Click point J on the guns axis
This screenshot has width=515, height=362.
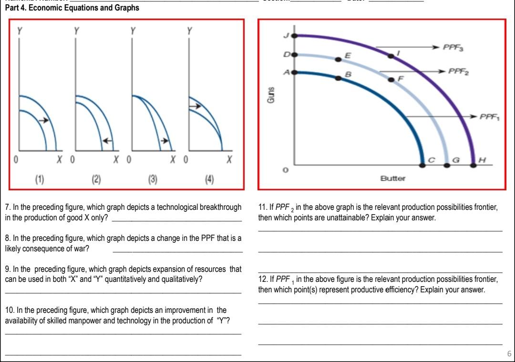pyautogui.click(x=294, y=35)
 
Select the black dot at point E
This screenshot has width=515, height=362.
pyautogui.click(x=338, y=59)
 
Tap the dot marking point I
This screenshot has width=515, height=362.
pyautogui.click(x=391, y=56)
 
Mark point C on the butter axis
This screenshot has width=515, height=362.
pyautogui.click(x=422, y=165)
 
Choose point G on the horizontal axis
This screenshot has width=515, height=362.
pyautogui.click(x=447, y=165)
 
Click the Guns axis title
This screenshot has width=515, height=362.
pyautogui.click(x=270, y=95)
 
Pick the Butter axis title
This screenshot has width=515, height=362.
pyautogui.click(x=392, y=178)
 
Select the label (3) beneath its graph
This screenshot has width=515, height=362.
pyautogui.click(x=153, y=179)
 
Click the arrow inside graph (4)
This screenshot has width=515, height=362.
pyautogui.click(x=194, y=106)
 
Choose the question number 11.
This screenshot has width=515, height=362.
pyautogui.click(x=262, y=207)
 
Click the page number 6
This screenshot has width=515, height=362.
pyautogui.click(x=509, y=354)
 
